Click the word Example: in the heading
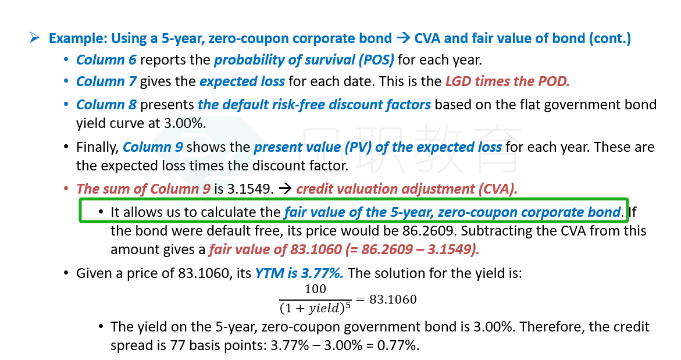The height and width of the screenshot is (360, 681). (78, 38)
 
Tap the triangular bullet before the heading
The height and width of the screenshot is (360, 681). (34, 38)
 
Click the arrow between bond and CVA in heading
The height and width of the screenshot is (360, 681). (403, 38)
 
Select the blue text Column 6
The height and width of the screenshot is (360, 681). (106, 60)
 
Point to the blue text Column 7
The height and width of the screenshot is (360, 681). (106, 81)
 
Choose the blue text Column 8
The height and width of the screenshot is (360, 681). (106, 105)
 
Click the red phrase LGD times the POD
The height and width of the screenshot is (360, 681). (508, 81)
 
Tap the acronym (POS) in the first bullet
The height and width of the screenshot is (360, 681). (376, 60)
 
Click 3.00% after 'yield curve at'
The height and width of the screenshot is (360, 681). (184, 123)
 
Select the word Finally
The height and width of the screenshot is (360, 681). (97, 147)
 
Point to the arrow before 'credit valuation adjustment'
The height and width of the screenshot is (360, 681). (286, 188)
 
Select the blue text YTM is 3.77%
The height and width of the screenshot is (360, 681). (300, 273)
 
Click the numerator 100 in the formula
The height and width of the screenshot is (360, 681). (315, 289)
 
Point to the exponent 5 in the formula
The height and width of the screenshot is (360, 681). (348, 305)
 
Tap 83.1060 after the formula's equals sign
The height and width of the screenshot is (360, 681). (393, 299)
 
